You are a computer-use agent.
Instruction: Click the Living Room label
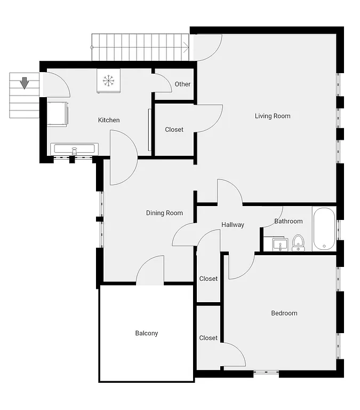(273, 116)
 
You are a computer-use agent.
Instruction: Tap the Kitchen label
(109, 120)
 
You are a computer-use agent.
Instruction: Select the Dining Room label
(164, 213)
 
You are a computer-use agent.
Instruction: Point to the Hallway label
(233, 225)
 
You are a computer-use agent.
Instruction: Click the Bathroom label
(289, 221)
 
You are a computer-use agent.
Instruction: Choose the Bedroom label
(284, 313)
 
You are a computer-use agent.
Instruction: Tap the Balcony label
(146, 334)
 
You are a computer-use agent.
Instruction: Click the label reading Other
(182, 84)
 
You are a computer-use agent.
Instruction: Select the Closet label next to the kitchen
(174, 130)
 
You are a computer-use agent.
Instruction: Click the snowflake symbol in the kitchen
(108, 81)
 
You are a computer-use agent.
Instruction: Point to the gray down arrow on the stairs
(24, 83)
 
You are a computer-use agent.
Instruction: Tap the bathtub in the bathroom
(324, 228)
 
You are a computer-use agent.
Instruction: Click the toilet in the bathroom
(298, 242)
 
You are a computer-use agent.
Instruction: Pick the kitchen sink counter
(74, 149)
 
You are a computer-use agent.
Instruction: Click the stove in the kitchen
(57, 114)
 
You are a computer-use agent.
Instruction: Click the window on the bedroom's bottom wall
(266, 373)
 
